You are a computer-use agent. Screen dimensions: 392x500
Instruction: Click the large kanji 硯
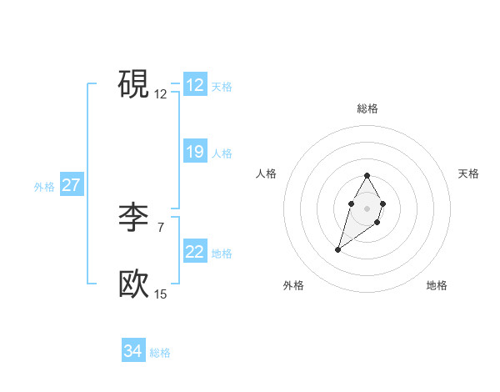coord(133,83)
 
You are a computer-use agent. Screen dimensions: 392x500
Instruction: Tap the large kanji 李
coord(133,217)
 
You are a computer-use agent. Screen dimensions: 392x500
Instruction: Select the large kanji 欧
coord(133,284)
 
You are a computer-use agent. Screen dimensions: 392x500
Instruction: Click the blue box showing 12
coord(195,85)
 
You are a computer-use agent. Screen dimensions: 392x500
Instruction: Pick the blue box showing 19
coord(195,152)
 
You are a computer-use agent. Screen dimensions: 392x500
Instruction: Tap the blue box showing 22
coord(195,252)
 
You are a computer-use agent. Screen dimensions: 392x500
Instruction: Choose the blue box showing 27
coord(71,185)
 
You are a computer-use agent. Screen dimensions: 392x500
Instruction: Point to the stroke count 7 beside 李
coord(160,227)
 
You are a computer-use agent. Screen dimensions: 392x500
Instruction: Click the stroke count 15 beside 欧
coord(160,294)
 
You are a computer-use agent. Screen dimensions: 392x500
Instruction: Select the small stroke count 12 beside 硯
coord(160,94)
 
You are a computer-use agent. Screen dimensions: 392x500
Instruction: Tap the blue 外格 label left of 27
coord(44,187)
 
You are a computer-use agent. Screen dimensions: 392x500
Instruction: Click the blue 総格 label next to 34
coord(160,353)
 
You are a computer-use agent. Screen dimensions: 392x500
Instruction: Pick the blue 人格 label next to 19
coord(222,153)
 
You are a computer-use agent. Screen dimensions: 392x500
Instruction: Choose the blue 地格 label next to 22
coord(222,254)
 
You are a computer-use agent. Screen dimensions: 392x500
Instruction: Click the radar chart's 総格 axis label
coord(367,108)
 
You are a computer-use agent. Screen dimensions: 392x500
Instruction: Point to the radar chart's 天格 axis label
coord(468,173)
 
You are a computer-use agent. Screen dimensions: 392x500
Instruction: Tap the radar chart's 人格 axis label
coord(266,173)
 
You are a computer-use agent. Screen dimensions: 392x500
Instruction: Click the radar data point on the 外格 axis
coord(337,249)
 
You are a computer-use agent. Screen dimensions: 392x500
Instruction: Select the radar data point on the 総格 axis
coord(367,176)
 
